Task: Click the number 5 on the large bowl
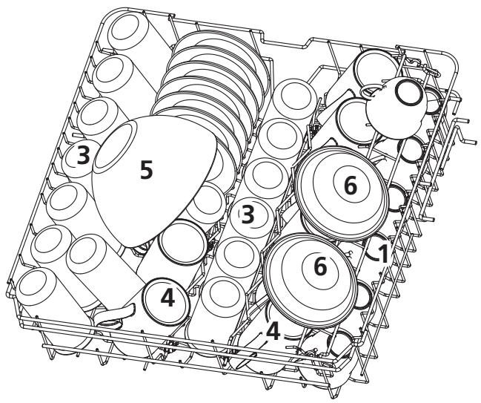147,170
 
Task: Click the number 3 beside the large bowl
84,154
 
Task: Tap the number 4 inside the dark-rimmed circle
167,298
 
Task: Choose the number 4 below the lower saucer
274,330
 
